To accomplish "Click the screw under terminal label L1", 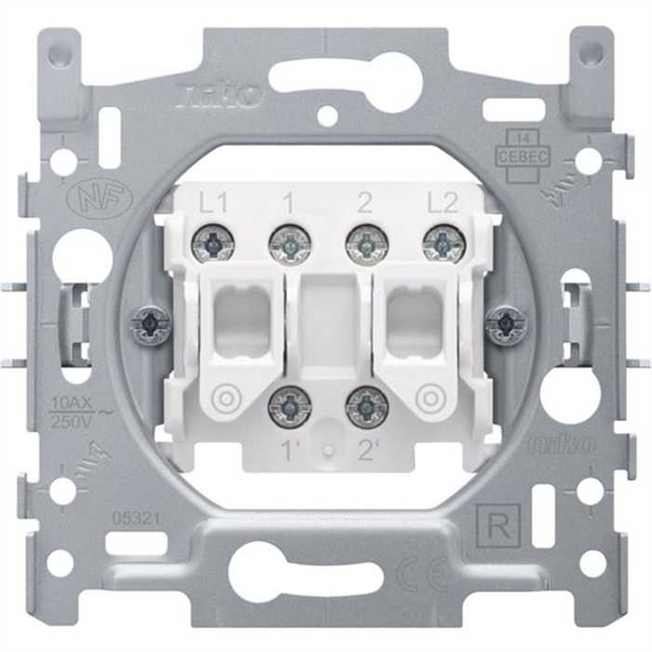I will [213, 245].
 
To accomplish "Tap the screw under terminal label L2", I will [443, 245].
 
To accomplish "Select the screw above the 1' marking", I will [290, 406].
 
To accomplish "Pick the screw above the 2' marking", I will [366, 406].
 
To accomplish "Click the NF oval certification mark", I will [100, 198].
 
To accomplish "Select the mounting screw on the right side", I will [506, 325].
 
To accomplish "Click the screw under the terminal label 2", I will [366, 245].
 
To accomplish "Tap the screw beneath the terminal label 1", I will [290, 245].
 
